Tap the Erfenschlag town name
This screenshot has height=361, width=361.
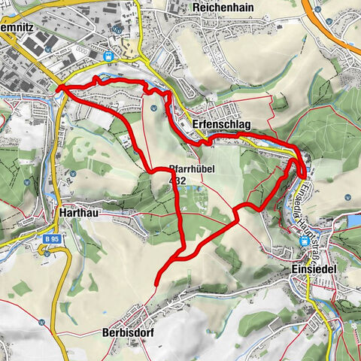pos(221,124)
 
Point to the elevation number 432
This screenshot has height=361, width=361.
pos(177,180)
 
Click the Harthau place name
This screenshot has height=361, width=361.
pos(76,213)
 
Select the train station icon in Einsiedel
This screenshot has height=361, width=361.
pos(305,241)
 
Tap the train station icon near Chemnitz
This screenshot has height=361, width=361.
pos(110,56)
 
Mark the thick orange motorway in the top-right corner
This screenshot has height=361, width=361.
pos(331,30)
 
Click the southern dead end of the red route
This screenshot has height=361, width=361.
pos(156,283)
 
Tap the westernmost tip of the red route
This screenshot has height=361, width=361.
pos(58,88)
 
